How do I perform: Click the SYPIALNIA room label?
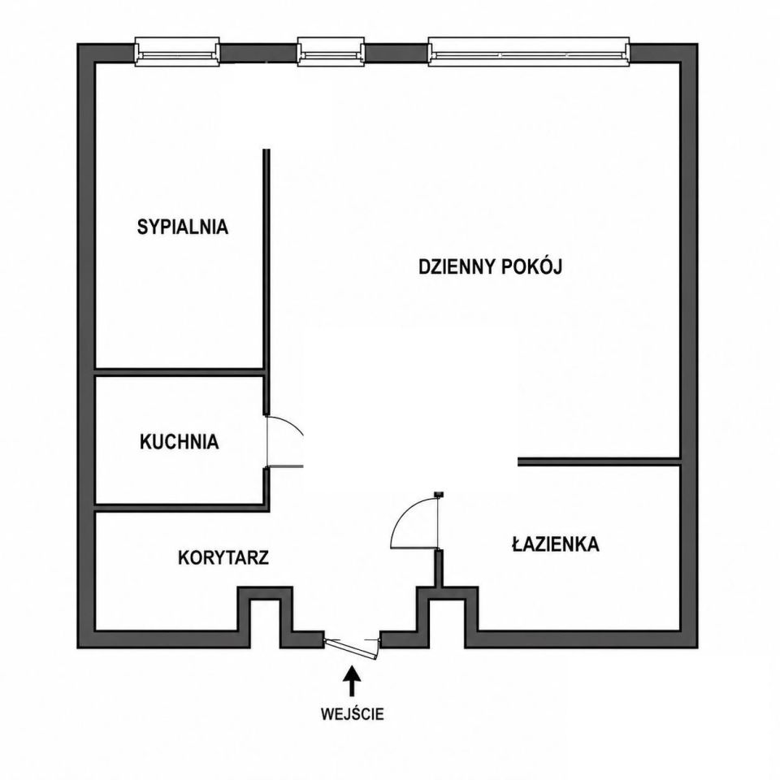coord(183,227)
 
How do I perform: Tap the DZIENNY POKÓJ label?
coord(491,266)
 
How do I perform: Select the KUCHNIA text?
coord(179,442)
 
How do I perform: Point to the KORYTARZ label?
coord(223,557)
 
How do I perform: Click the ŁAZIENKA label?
coord(555,544)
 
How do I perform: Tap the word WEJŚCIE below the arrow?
coord(352,714)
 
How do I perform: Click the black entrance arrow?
coord(352,681)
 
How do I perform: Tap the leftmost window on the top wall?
coord(177,51)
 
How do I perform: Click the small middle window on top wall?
coord(331,51)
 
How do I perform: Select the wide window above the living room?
coord(529,51)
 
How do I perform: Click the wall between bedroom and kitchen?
coord(179,372)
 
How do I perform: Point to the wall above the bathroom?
coord(599,461)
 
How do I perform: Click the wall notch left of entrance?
coord(265,617)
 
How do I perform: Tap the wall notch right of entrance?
coord(447,617)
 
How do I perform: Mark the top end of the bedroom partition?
coord(266,149)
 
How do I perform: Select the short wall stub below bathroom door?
coord(439,568)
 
